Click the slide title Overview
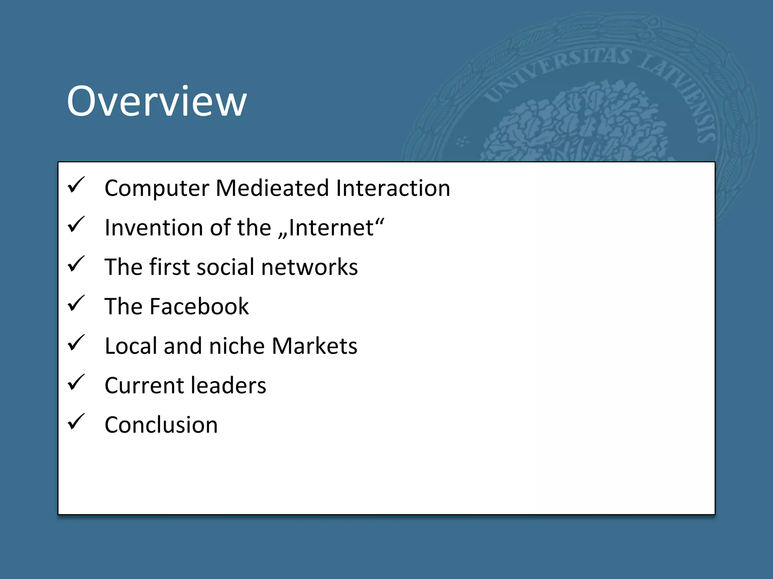157,101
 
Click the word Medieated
272,188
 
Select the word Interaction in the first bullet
393,188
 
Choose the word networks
309,267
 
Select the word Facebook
199,306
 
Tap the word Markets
314,346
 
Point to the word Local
131,346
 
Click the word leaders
228,385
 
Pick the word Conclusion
161,425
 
